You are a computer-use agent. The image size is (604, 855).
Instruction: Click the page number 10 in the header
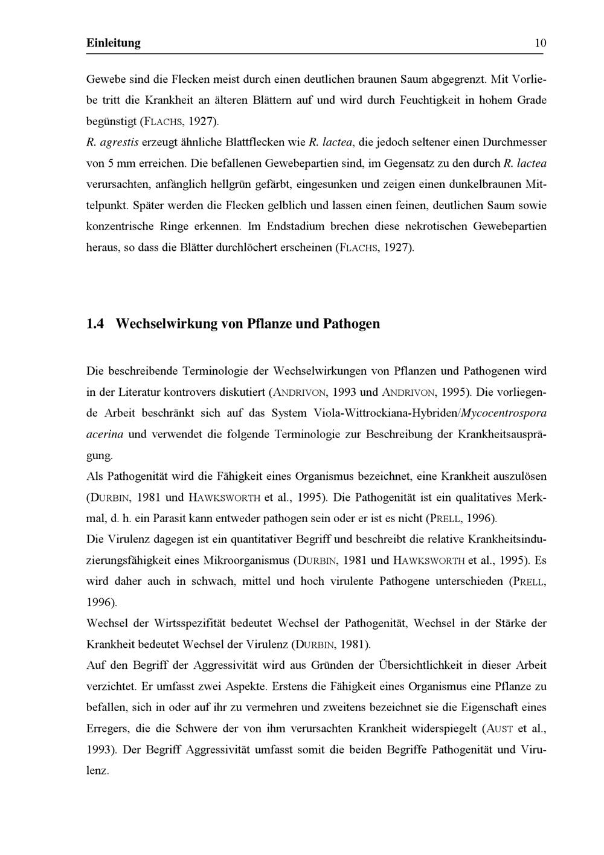tap(540, 43)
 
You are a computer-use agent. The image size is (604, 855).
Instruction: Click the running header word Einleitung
tap(114, 43)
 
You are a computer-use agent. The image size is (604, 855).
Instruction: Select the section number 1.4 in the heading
tap(95, 324)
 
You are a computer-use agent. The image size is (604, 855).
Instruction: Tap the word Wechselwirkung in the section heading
tap(167, 324)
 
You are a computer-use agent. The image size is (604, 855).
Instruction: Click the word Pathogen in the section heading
tap(352, 324)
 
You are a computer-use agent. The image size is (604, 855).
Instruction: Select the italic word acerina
tap(105, 434)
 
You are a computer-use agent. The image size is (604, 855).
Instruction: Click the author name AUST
tap(498, 729)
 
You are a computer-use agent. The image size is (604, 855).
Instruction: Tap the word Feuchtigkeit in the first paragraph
tap(434, 100)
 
